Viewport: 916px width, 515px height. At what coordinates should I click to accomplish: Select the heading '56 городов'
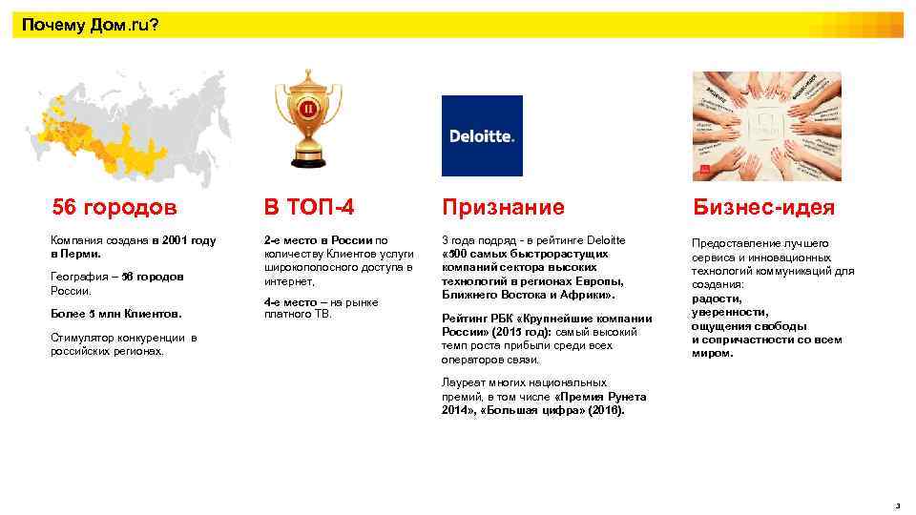114,207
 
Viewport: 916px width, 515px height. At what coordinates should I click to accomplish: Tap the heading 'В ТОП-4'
302,207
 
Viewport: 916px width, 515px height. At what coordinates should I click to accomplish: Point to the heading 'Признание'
502,207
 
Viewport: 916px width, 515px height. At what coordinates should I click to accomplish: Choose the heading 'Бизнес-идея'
763,208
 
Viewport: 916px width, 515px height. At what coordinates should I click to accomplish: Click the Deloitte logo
482,135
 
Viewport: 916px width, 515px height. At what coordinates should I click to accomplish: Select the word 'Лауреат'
462,382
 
